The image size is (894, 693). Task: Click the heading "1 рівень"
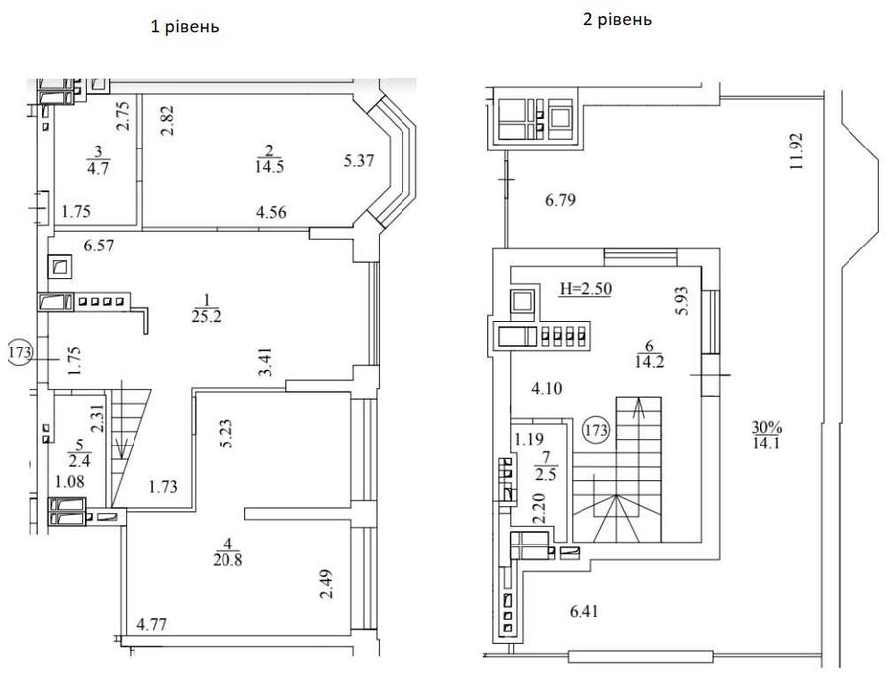point(185,27)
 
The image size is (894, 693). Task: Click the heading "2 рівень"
point(617,19)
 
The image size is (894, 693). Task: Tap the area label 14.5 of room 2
point(270,167)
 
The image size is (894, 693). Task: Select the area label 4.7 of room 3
point(98,169)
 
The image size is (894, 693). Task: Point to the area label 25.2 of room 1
point(207,316)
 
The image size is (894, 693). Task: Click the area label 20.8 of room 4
point(227,560)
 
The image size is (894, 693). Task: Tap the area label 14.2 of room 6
point(649,362)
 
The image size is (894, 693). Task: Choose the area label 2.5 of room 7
point(546,474)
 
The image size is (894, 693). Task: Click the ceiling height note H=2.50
point(585,289)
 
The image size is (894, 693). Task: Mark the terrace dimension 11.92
point(796,151)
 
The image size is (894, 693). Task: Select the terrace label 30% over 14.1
point(766,435)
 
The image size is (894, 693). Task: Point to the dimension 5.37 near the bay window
point(359,161)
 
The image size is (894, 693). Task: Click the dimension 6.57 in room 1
point(99,247)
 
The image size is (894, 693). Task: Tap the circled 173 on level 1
point(20,352)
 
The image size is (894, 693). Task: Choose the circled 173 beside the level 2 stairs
point(597,429)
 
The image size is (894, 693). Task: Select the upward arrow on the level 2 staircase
point(639,408)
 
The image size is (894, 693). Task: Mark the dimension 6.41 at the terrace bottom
point(584,612)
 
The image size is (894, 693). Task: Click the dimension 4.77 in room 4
point(152,624)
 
